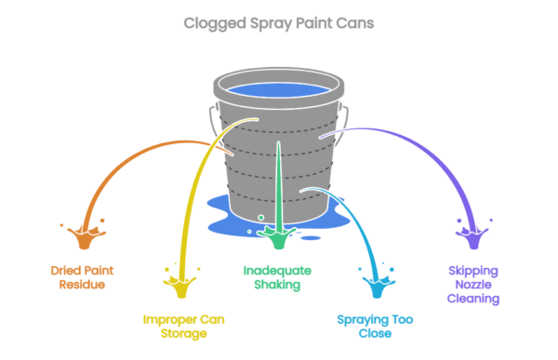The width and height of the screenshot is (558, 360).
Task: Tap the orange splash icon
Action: coord(84,235)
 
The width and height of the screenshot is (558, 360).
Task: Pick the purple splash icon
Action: coord(472,235)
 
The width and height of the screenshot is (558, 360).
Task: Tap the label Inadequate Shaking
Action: coord(277,277)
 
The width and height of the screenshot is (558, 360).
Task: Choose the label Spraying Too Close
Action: coord(374,327)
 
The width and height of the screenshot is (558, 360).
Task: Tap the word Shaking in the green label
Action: coord(277,285)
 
